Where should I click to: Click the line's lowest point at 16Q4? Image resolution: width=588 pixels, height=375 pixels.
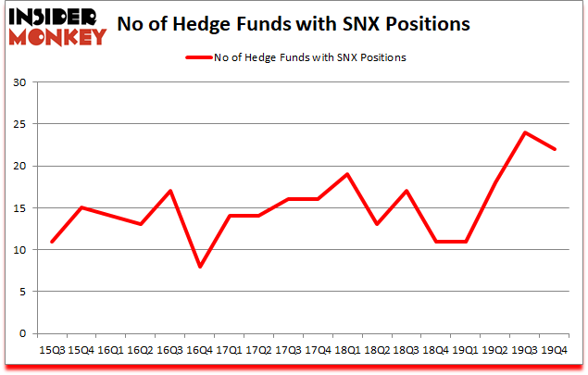(x=199, y=267)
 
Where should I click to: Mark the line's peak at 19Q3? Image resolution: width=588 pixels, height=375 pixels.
(x=525, y=132)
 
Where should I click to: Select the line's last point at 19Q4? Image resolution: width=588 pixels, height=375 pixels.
(x=555, y=149)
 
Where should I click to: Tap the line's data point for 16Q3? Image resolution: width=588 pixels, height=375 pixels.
(x=170, y=191)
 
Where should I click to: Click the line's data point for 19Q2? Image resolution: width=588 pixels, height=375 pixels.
(x=496, y=182)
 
